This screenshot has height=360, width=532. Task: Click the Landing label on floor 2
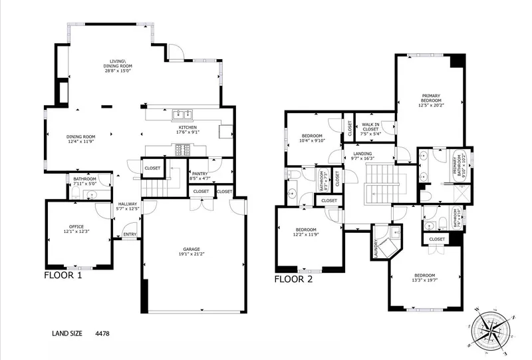(362, 154)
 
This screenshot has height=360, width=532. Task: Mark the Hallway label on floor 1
(128, 204)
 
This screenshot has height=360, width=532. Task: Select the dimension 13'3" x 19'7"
(425, 281)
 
